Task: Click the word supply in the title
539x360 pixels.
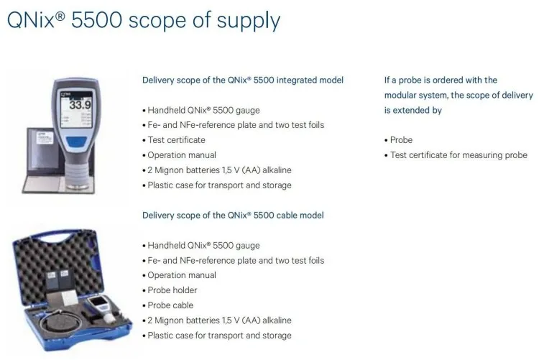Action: (x=248, y=21)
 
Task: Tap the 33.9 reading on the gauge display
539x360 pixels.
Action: (x=80, y=104)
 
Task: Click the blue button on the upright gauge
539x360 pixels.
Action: (x=76, y=142)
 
